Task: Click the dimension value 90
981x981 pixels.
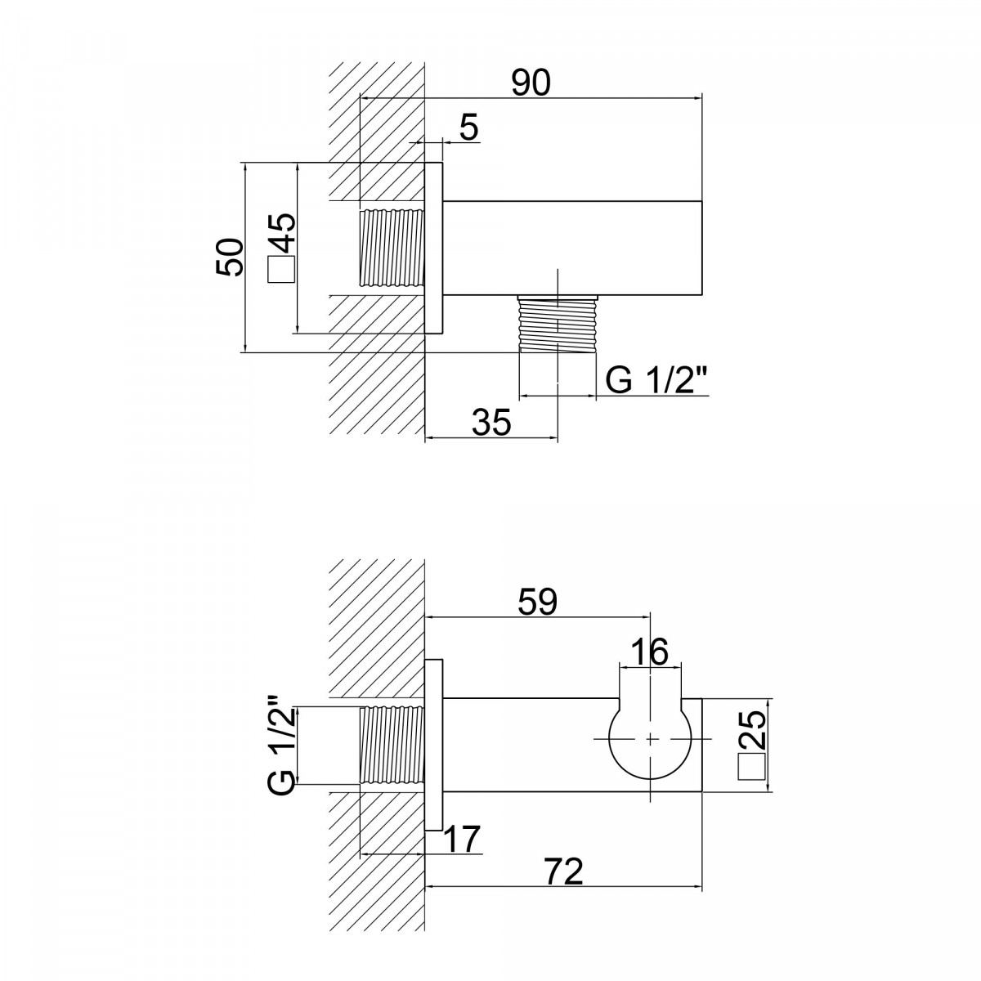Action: tap(531, 83)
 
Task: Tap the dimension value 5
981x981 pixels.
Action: tap(469, 128)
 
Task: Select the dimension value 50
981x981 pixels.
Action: tap(230, 257)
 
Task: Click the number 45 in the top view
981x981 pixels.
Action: tap(281, 233)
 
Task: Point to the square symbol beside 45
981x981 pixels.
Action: tap(281, 269)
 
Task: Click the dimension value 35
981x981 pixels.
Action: tap(491, 422)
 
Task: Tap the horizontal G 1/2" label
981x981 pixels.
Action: tap(656, 380)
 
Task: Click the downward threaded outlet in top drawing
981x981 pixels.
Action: tap(557, 324)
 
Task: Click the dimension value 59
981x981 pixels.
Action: tap(538, 602)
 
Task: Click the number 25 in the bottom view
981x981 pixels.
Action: tap(752, 728)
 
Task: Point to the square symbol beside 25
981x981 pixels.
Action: tap(752, 766)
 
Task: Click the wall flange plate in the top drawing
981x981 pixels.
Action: tap(434, 248)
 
